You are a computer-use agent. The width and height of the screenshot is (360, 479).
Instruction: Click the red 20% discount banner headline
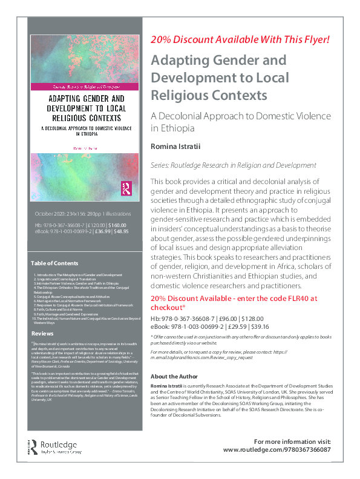point(240,41)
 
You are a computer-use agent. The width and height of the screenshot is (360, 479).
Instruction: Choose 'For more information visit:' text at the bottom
point(292,441)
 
